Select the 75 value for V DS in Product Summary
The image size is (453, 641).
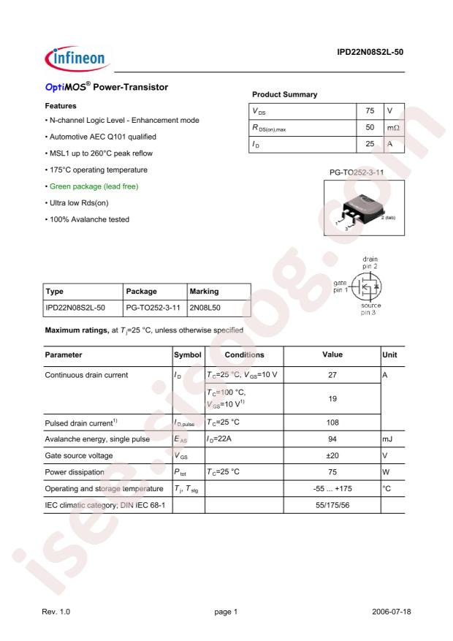click(x=370, y=111)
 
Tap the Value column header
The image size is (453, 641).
click(x=332, y=354)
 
